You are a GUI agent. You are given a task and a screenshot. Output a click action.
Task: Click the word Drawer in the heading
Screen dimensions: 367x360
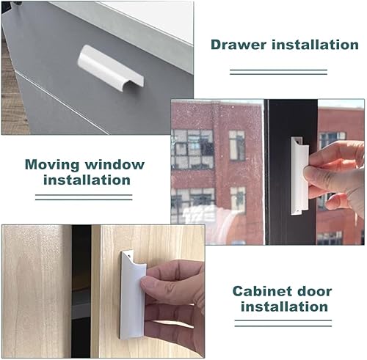(x=239, y=45)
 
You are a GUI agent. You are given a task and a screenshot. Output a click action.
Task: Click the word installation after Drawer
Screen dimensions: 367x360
(x=316, y=45)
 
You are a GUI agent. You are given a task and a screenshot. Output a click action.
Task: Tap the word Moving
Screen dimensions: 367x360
(x=52, y=165)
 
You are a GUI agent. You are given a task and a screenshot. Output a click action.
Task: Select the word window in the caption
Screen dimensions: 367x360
(x=115, y=164)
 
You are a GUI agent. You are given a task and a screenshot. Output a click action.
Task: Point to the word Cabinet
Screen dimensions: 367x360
(x=260, y=291)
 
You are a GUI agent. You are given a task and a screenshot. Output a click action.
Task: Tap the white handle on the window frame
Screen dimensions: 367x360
(x=299, y=176)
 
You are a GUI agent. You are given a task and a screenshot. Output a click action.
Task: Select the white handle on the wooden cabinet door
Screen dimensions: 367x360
(x=133, y=295)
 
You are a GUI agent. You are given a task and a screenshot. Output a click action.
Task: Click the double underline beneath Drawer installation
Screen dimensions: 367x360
(x=278, y=72)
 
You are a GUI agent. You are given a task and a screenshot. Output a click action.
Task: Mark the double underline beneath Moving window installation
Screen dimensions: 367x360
(x=84, y=197)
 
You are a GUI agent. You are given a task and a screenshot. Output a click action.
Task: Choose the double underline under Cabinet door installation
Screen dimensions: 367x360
(x=283, y=323)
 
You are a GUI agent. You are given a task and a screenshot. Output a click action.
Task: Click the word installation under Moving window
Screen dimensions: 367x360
(x=87, y=180)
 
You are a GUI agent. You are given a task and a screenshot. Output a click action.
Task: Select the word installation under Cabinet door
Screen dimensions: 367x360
(x=284, y=306)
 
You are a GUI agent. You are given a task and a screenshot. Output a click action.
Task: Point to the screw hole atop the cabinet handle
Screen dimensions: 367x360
(x=129, y=254)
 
